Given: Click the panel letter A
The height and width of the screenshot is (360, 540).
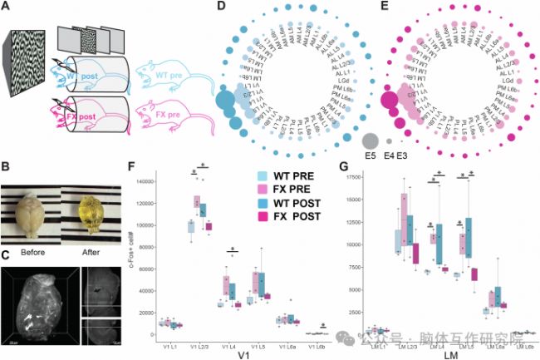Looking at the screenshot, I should [7, 9].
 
